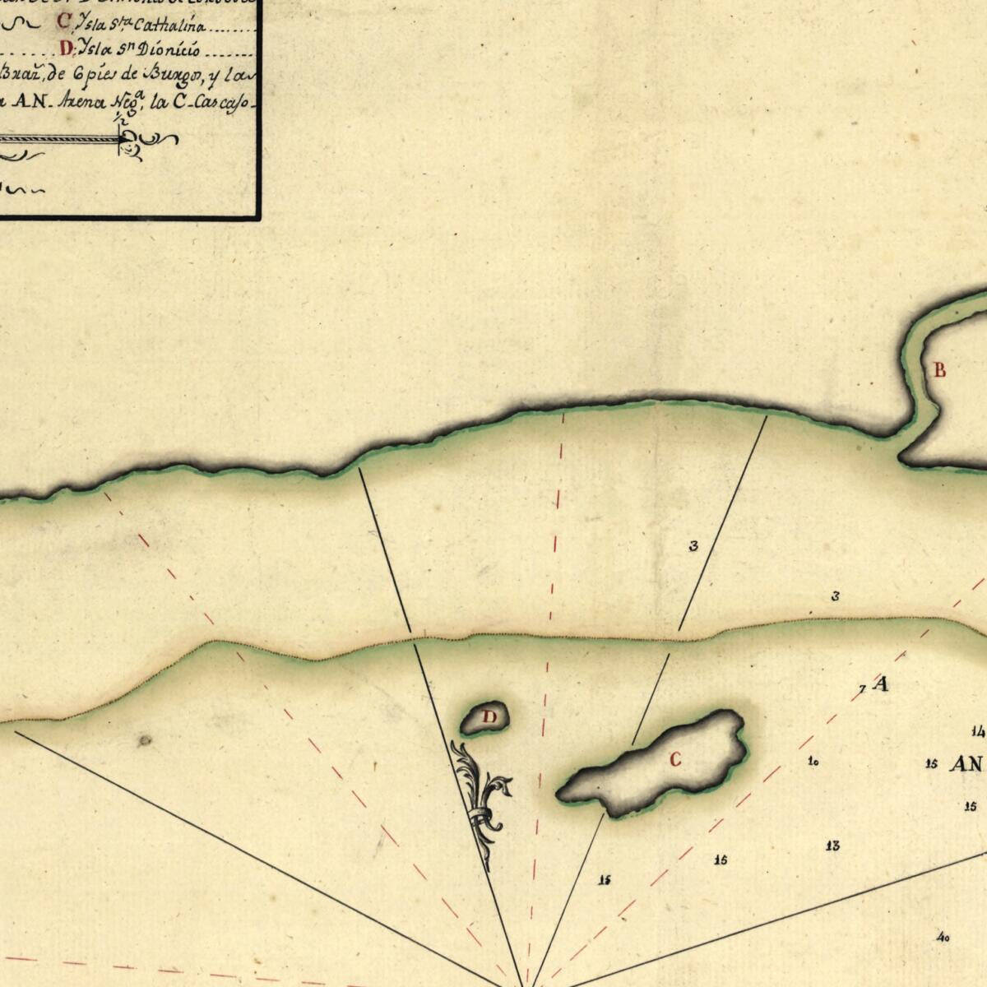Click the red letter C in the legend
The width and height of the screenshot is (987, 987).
(64, 21)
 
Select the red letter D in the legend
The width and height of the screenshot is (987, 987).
(67, 49)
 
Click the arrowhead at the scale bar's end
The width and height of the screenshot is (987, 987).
(125, 141)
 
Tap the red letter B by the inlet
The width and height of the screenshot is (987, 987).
(939, 370)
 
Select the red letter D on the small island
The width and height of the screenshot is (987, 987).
(489, 716)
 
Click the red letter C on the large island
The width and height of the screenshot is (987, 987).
(675, 760)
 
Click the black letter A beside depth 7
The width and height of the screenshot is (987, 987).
(882, 683)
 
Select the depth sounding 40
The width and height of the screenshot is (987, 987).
(943, 937)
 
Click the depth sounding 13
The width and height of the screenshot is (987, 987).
(832, 846)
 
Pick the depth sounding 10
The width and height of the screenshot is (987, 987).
(813, 762)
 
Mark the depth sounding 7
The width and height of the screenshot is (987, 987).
(862, 689)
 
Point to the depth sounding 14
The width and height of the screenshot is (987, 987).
(977, 731)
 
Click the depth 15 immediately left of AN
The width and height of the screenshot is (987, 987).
(931, 764)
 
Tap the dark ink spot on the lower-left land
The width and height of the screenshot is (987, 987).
(145, 740)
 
